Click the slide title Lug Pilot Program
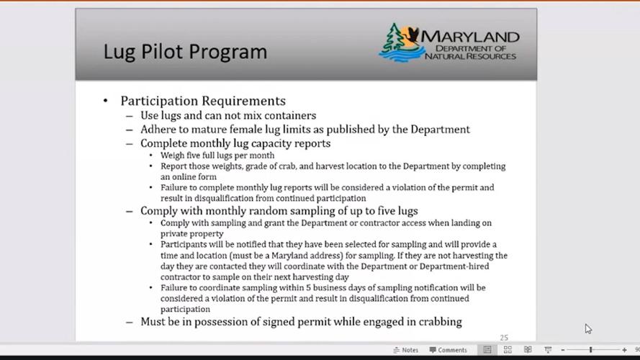185,52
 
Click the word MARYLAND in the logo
472,37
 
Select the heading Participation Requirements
202,101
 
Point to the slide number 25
504,337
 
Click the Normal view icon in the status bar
487,350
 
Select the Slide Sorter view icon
508,350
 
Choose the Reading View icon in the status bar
528,350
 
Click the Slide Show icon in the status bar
548,350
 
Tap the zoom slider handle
591,350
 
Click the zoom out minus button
563,350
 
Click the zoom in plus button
624,350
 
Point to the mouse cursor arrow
587,328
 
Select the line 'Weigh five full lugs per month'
217,155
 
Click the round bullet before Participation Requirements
106,101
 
